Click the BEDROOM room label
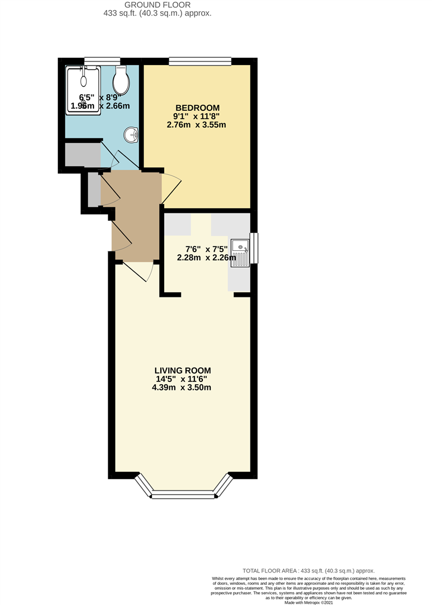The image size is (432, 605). point(197,108)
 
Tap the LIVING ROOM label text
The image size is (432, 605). point(183,370)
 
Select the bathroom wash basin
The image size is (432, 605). point(132,134)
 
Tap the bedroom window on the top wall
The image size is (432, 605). point(200,61)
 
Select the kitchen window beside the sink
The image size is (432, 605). point(254,248)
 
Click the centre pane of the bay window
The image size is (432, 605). point(184,494)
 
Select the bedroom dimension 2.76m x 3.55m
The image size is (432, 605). point(196,125)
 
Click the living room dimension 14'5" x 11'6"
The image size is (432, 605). point(183,379)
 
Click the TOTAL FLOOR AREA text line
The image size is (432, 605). point(308,570)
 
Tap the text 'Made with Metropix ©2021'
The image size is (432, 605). point(308,602)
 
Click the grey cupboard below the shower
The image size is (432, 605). point(82,155)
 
